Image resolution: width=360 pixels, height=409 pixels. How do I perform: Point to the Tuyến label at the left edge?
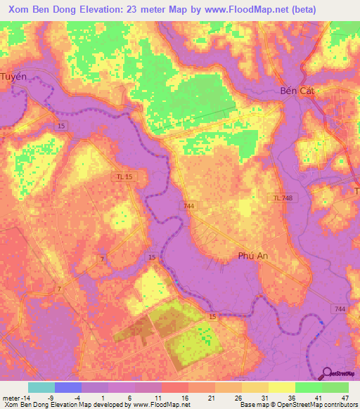click(13, 76)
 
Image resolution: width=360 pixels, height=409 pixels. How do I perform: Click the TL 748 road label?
click(283, 198)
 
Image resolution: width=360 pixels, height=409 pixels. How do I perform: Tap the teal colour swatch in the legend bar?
click(41, 387)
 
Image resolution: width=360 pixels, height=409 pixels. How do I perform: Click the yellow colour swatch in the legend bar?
click(281, 387)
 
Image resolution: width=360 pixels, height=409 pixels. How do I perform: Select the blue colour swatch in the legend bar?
click(68, 387)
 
